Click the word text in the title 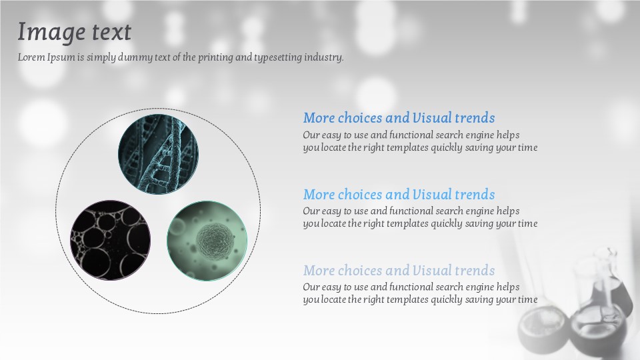tap(111, 32)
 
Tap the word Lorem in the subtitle tap(31, 57)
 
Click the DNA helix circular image tap(159, 154)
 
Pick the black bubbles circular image tap(110, 240)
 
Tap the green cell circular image tap(207, 241)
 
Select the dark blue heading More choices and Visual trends tap(399, 117)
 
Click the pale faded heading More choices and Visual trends tap(399, 270)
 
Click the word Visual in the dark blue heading tap(432, 117)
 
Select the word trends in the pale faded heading tap(475, 270)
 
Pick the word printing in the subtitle tap(215, 57)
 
